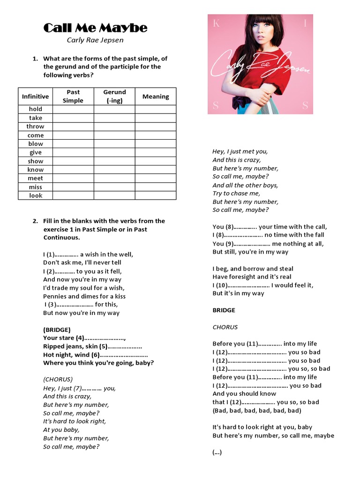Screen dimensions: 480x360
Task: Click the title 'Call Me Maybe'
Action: pos(95,28)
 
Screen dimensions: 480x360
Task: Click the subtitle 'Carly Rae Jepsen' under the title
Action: pos(95,40)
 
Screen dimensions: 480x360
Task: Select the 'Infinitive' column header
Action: pos(35,97)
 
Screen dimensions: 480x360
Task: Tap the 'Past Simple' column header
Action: pos(73,97)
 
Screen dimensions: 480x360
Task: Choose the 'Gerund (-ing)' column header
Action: pos(114,97)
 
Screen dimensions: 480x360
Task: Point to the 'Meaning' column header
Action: pos(156,97)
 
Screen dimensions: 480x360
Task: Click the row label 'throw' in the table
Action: pos(35,127)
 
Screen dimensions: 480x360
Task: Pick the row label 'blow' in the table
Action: pos(35,144)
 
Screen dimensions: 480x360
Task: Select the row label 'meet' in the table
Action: pos(35,178)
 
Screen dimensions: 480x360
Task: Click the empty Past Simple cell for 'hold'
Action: pos(73,109)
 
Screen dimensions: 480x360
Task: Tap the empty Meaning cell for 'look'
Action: pos(156,195)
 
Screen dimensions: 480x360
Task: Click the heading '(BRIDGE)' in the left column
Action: pos(57,330)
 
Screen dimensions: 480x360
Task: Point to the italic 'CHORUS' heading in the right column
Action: pos(225,327)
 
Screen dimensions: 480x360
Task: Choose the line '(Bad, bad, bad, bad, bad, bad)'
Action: pos(257,411)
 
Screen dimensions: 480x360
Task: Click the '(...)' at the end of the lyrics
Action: pos(217,452)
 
